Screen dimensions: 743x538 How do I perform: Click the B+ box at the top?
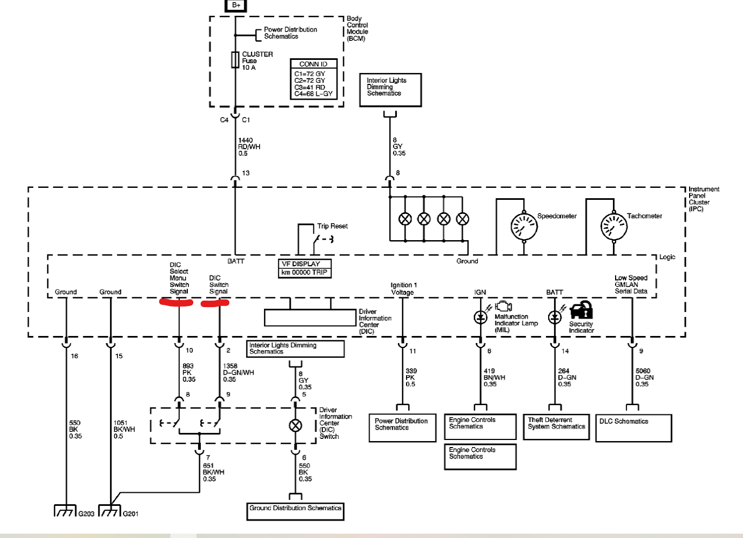point(236,5)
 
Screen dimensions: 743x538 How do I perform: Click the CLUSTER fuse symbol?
point(235,60)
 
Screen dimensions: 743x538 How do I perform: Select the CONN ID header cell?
point(314,64)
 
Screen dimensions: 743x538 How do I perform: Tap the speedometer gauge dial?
point(524,227)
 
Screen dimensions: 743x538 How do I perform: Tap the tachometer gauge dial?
point(614,227)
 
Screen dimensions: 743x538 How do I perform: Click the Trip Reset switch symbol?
point(323,240)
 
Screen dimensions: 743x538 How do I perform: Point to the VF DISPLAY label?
point(301,264)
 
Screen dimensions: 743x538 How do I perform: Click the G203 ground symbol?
point(65,511)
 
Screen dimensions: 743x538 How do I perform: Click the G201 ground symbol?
point(110,511)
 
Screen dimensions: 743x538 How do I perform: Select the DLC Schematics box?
point(634,428)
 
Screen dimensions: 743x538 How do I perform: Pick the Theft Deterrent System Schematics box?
point(556,427)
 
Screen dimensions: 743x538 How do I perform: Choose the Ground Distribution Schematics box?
point(295,511)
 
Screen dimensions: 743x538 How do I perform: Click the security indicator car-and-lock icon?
point(581,310)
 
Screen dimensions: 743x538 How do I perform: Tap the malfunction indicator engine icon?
point(503,305)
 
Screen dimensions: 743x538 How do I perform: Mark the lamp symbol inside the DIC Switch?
point(295,425)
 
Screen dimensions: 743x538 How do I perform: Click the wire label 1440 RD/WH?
point(249,146)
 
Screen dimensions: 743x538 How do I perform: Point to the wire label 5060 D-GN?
point(644,377)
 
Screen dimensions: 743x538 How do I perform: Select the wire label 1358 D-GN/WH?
point(238,372)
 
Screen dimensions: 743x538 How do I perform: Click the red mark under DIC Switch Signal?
point(215,303)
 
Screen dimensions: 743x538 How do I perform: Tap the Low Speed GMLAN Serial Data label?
point(631,284)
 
